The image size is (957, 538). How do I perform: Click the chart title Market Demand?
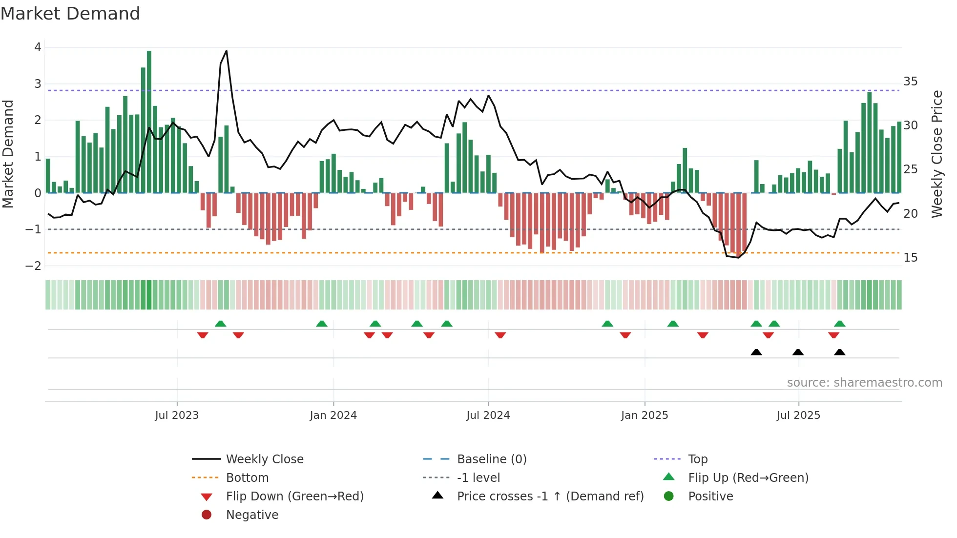tap(70, 14)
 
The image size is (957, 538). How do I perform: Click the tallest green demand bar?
tap(149, 122)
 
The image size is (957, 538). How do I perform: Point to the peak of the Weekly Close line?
tap(226, 51)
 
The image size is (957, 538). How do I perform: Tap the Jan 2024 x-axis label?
tap(333, 415)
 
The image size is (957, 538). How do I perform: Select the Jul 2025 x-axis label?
tap(798, 415)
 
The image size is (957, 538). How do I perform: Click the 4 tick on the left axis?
tap(38, 47)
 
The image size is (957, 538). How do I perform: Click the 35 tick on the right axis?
tap(910, 82)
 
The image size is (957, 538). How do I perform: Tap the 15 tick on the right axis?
tap(910, 258)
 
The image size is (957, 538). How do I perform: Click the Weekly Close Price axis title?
tap(936, 154)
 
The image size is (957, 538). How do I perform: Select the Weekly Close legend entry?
tap(264, 459)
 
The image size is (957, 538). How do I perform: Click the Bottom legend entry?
tap(247, 478)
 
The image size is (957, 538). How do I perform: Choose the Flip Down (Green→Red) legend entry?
tap(294, 497)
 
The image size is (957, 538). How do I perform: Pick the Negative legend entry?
tap(252, 515)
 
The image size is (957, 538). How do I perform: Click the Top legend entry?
tap(697, 459)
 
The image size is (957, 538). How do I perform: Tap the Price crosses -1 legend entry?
tap(550, 497)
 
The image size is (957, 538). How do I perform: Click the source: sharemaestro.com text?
tap(864, 383)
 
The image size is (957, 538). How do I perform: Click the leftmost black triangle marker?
tap(756, 352)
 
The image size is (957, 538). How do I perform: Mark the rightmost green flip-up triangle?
tap(839, 324)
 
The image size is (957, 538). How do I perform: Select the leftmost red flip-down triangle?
tap(203, 335)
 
